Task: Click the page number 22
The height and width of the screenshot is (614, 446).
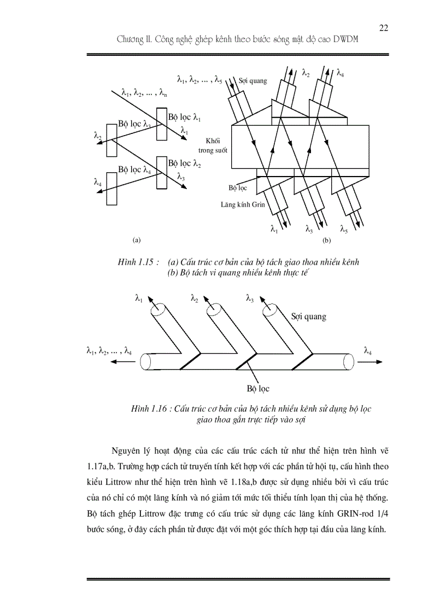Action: tap(383, 28)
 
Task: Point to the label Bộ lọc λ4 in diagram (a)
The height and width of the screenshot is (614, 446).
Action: tap(134, 169)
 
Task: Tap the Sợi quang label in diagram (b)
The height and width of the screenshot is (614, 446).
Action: tap(253, 80)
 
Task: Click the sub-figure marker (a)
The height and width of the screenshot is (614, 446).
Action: tap(137, 239)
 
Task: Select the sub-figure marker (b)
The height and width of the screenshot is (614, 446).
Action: tap(327, 240)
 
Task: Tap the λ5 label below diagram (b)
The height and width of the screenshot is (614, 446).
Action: tap(344, 229)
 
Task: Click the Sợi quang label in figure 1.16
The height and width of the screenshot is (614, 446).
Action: tap(309, 316)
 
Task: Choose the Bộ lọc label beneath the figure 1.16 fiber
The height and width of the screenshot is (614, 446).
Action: tap(258, 389)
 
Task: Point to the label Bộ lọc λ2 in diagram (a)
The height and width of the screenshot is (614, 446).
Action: tap(185, 163)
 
